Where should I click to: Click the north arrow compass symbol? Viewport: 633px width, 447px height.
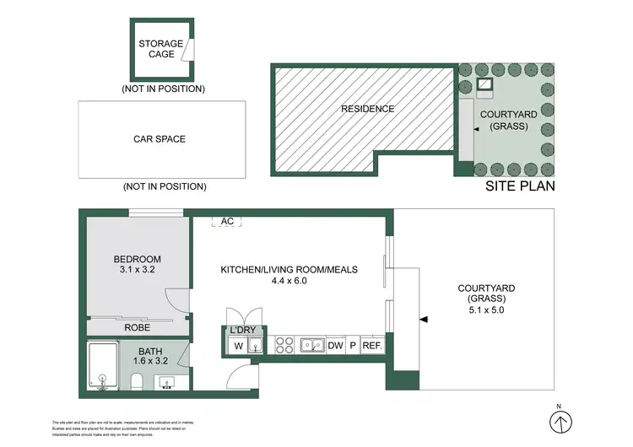click(x=558, y=421)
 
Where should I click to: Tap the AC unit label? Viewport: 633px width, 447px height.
click(x=226, y=221)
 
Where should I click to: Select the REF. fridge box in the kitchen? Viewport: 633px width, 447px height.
click(x=372, y=345)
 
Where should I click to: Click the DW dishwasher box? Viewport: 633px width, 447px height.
click(x=334, y=345)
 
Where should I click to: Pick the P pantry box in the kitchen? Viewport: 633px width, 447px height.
click(x=353, y=345)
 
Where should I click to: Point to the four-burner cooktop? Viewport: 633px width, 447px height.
click(x=285, y=345)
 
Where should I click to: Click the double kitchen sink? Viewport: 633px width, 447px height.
click(x=311, y=345)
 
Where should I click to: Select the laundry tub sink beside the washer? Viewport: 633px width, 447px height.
click(x=257, y=345)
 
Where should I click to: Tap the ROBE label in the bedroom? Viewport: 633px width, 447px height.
click(x=138, y=327)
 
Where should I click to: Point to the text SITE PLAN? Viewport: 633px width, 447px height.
click(x=520, y=187)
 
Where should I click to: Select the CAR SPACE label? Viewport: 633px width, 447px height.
click(x=160, y=139)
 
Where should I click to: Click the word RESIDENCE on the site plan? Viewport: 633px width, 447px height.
click(x=367, y=109)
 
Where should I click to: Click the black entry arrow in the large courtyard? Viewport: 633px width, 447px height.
click(x=425, y=319)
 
